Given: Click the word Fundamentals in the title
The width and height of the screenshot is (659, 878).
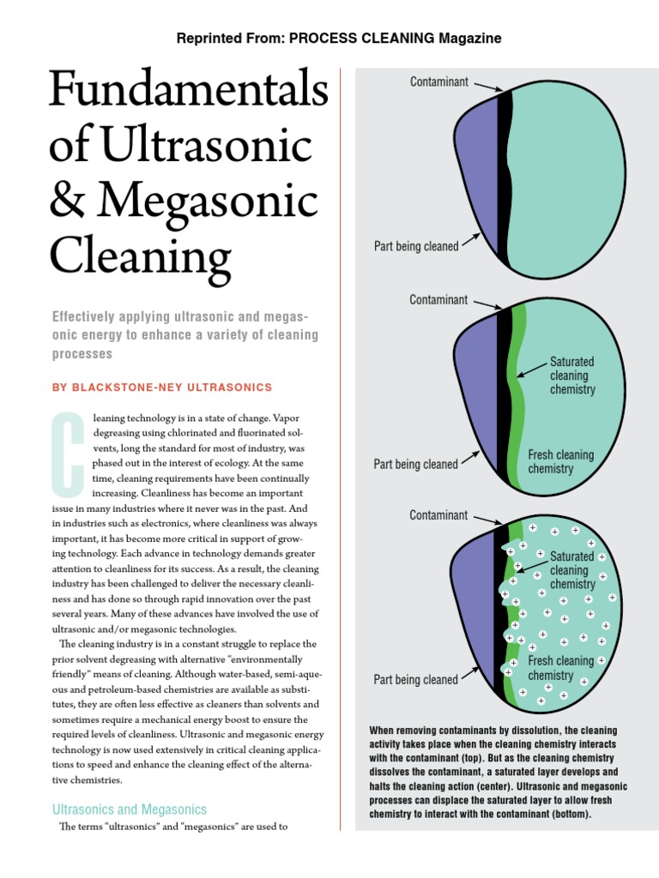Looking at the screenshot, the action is pyautogui.click(x=189, y=92).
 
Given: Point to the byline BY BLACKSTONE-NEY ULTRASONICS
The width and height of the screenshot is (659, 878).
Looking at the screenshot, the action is pyautogui.click(x=162, y=388).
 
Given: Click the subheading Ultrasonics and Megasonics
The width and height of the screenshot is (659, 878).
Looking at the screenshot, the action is pyautogui.click(x=130, y=809).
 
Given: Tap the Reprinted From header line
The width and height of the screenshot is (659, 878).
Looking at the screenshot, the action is pyautogui.click(x=338, y=39).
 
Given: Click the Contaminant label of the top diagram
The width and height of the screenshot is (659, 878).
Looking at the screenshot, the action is pyautogui.click(x=438, y=81).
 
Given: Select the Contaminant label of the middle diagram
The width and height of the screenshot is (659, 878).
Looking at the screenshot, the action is pyautogui.click(x=438, y=300).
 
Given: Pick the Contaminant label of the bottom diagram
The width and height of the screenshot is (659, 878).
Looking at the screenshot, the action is pyautogui.click(x=438, y=515).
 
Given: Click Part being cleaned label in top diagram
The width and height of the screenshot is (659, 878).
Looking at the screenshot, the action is pyautogui.click(x=415, y=246).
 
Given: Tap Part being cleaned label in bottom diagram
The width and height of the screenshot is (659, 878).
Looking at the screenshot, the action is pyautogui.click(x=415, y=680).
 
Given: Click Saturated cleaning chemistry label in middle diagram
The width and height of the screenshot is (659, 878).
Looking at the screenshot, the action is pyautogui.click(x=572, y=376).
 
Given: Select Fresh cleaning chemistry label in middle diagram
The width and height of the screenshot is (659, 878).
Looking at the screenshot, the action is pyautogui.click(x=560, y=462).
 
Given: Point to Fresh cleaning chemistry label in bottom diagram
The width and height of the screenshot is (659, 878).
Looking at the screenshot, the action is pyautogui.click(x=560, y=668).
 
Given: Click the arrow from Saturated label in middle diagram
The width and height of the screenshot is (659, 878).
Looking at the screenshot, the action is pyautogui.click(x=532, y=370).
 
